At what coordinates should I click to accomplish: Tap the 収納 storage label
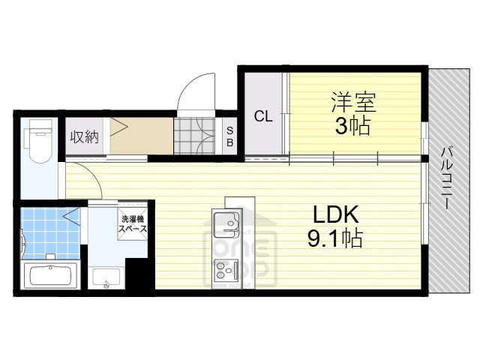[84, 136]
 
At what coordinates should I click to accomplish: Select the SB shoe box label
[229, 136]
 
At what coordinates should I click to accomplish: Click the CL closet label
[262, 116]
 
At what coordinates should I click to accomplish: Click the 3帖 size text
[352, 126]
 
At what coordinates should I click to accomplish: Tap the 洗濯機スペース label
[132, 223]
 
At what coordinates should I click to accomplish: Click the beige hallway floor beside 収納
[142, 136]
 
